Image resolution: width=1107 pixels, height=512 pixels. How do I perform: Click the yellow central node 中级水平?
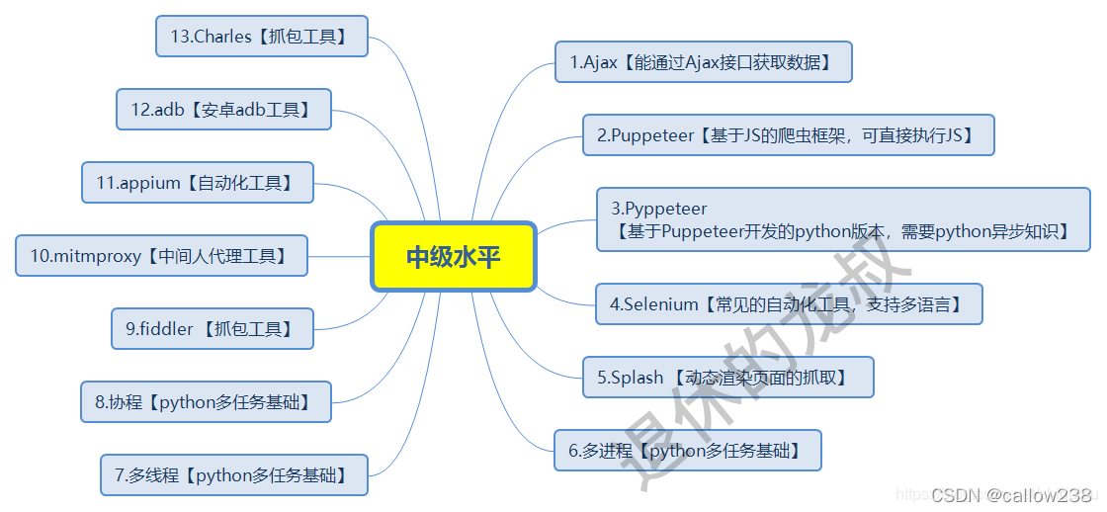(x=454, y=257)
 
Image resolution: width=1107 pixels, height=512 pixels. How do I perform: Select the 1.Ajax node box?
(x=703, y=62)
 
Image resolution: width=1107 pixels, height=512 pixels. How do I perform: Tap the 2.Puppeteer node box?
(x=788, y=135)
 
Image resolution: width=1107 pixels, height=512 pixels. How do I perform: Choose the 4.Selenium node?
(x=788, y=304)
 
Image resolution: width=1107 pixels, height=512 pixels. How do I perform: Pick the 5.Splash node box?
(x=727, y=378)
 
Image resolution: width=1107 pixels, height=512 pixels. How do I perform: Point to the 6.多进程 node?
(x=687, y=451)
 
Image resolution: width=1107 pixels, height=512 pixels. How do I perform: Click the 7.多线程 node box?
(x=233, y=475)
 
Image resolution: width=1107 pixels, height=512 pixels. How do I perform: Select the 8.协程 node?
(x=206, y=402)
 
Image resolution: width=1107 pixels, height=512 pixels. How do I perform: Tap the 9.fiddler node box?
(x=213, y=329)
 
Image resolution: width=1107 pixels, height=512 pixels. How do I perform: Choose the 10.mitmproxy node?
(x=161, y=256)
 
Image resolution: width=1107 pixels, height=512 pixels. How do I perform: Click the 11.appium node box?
(x=197, y=183)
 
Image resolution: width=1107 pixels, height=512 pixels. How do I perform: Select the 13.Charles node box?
(x=261, y=37)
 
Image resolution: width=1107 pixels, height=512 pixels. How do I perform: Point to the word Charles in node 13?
(x=225, y=37)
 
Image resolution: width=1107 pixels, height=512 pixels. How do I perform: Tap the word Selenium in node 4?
(x=660, y=304)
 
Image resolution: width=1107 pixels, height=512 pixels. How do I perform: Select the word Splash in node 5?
(x=637, y=378)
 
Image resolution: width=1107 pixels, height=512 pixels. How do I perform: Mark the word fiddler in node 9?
(x=164, y=329)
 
